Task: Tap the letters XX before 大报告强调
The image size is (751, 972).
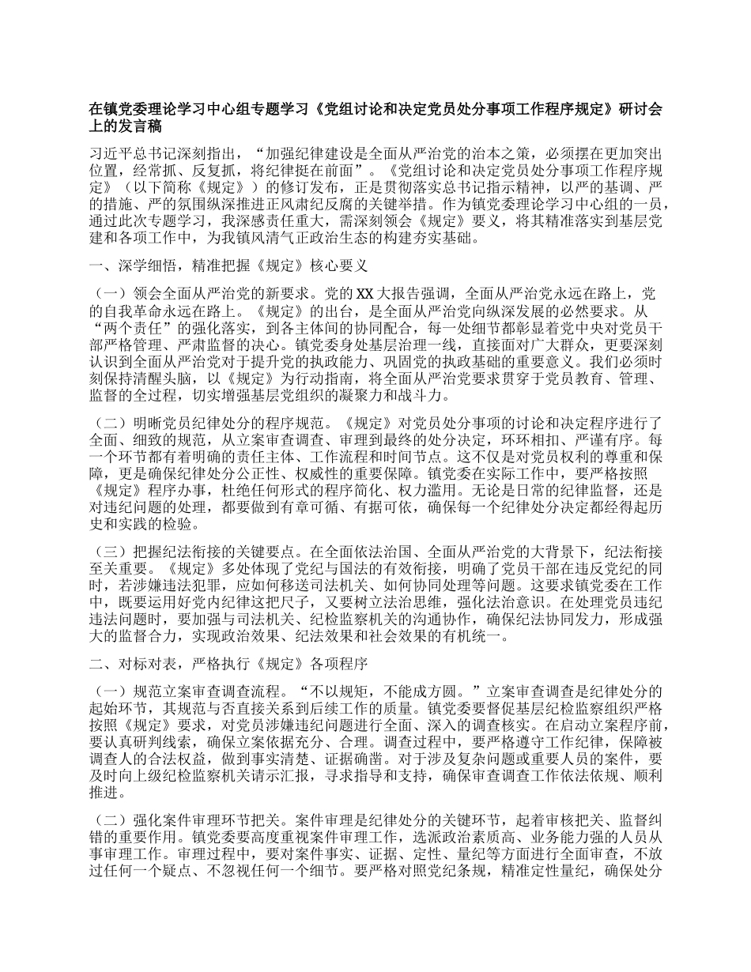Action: point(364,293)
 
